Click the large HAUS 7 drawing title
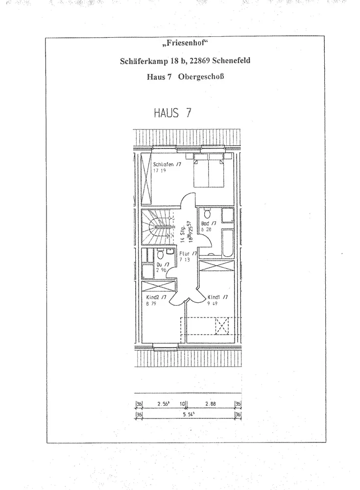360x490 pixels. tap(172, 113)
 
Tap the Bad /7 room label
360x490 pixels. tap(208, 223)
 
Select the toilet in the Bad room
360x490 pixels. tap(207, 213)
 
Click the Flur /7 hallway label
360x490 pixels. tap(188, 253)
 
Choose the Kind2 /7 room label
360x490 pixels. tap(157, 297)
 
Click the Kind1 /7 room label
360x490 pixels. tap(217, 297)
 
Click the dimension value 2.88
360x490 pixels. tap(211, 404)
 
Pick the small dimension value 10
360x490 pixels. tap(182, 404)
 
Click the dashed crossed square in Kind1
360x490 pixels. tap(222, 325)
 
